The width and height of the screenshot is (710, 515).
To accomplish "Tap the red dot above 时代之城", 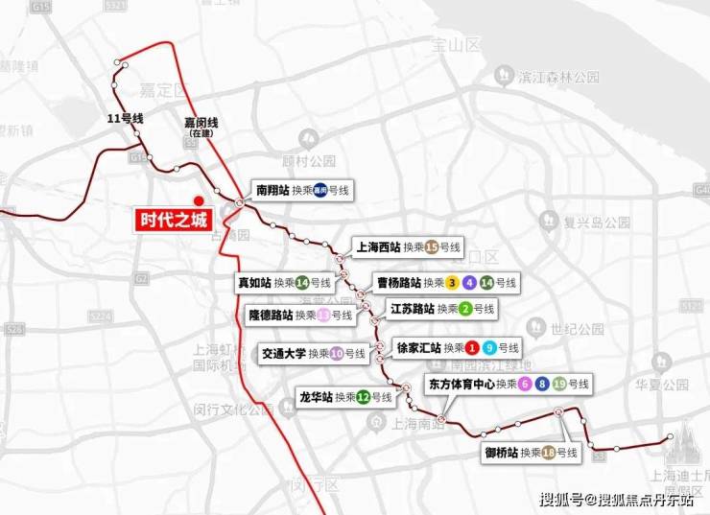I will click(199, 200).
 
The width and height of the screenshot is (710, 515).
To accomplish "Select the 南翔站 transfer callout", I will click(302, 190).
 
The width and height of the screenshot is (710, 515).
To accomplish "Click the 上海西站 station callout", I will click(407, 247).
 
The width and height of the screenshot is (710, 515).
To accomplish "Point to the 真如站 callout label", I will click(285, 283).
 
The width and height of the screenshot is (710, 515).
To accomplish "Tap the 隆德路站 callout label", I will click(300, 315).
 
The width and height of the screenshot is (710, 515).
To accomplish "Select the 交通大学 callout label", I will click(314, 353).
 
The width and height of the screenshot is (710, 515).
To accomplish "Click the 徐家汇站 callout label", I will click(458, 347).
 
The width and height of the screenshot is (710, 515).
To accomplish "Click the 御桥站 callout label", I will click(531, 452).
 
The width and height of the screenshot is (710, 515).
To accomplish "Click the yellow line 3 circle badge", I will click(452, 283).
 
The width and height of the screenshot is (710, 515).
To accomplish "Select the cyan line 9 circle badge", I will click(489, 347).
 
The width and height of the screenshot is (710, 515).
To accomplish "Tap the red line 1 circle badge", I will click(472, 347).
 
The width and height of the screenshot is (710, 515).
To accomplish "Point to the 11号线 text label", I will click(125, 119).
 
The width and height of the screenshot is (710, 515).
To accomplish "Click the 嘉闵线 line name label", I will click(201, 123).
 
